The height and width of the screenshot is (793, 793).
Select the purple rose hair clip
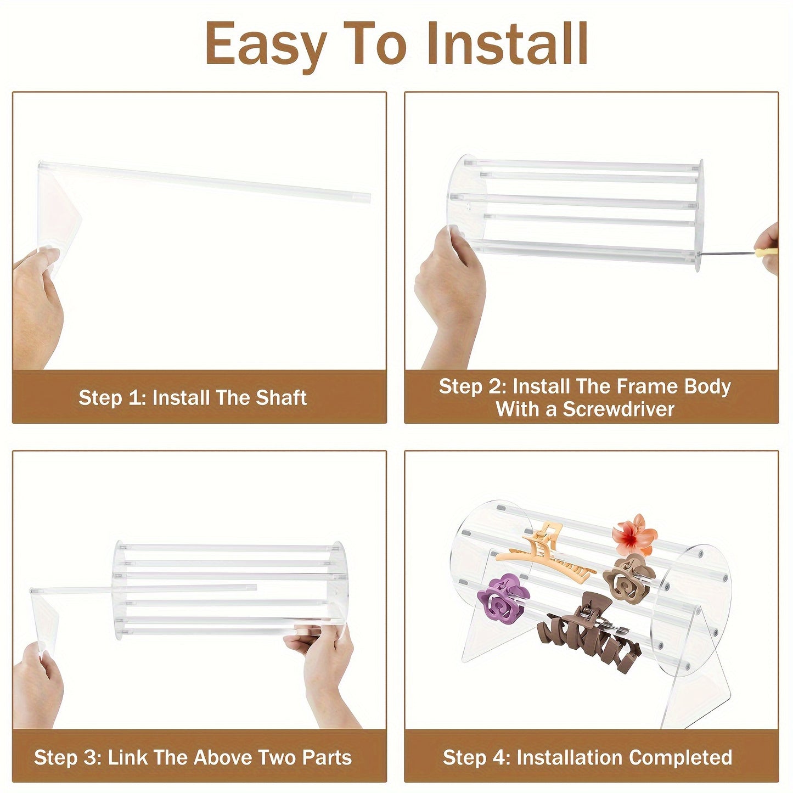click(503, 597)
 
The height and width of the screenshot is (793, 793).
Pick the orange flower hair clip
click(634, 533)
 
